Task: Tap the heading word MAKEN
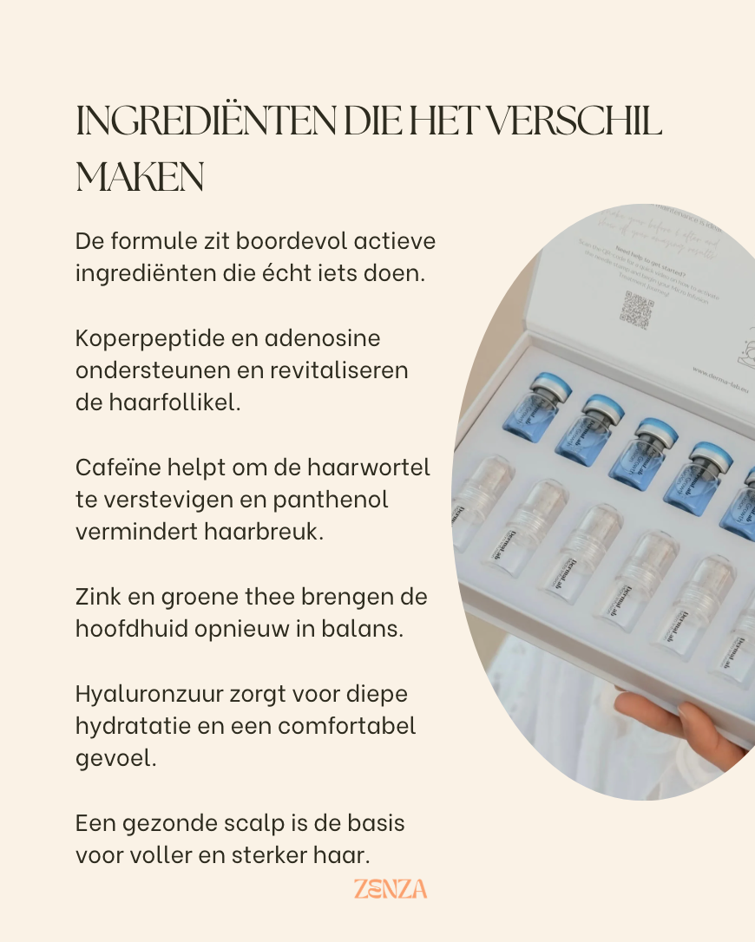(140, 177)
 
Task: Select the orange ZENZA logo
(391, 889)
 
